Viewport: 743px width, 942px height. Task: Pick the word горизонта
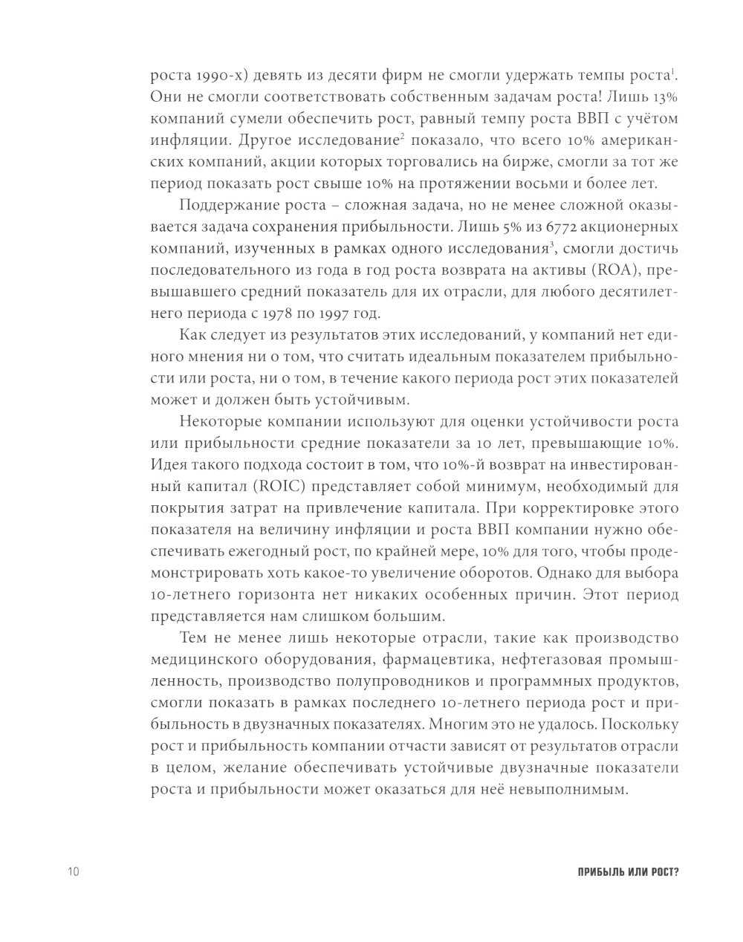(x=295, y=595)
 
